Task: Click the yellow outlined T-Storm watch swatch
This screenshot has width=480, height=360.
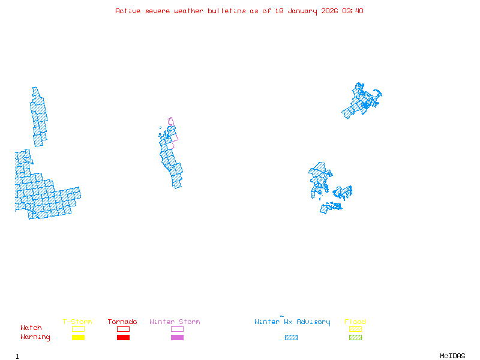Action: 78,329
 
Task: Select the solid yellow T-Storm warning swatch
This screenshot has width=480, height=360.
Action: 78,337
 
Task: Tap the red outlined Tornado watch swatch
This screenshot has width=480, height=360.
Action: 123,329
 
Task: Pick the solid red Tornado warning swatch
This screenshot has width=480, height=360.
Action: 123,337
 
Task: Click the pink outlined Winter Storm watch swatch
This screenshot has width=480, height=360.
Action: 177,329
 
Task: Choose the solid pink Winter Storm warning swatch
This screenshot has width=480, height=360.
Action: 177,337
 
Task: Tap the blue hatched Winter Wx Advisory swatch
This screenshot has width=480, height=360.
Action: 291,337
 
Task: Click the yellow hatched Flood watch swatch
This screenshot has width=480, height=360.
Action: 355,329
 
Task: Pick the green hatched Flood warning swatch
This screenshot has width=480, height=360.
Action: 355,337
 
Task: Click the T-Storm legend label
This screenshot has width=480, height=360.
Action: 77,322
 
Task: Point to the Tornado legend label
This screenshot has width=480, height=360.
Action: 122,322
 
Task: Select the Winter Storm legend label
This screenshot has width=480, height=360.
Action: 175,322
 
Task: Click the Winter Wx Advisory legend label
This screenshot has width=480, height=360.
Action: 292,322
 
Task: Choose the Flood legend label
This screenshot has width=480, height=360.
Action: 355,322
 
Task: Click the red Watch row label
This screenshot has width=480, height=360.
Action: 31,328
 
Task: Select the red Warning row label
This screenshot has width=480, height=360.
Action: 35,337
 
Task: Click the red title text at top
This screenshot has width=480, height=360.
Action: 239,11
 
